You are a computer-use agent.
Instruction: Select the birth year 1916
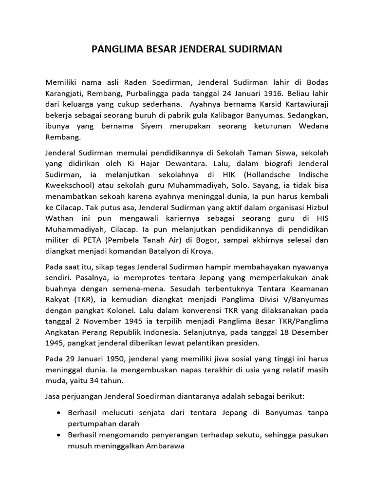pos(260,92)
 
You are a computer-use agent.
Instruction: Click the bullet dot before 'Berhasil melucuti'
pos(59,413)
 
